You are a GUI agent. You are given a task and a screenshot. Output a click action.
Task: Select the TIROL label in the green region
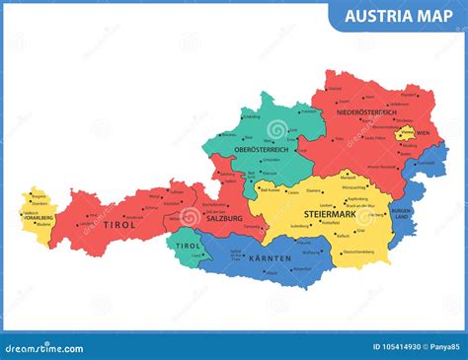point(186,246)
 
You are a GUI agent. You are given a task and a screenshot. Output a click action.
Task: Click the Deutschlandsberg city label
point(358,252)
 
